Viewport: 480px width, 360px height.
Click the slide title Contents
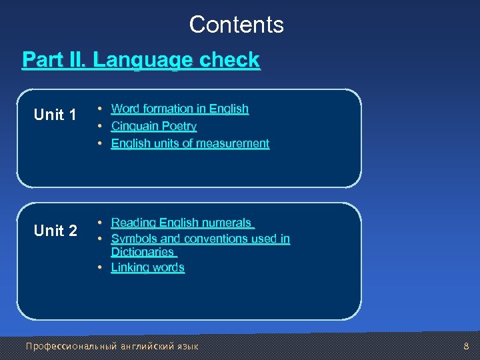[236, 25]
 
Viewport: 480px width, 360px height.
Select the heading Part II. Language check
[141, 60]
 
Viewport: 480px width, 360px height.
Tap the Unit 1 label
[55, 115]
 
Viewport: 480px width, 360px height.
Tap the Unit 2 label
[55, 231]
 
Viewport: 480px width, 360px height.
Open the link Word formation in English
[179, 109]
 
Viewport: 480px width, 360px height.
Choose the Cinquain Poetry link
[153, 126]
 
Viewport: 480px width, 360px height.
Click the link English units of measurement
[190, 143]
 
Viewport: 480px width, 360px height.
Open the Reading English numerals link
[181, 223]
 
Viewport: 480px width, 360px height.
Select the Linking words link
[147, 267]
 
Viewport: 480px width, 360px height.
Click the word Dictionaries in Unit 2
[143, 252]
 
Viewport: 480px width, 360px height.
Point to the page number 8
[466, 346]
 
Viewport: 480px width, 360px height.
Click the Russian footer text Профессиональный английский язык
[111, 346]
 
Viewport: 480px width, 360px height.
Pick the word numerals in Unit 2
[228, 223]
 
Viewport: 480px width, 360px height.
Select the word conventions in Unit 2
[219, 239]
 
